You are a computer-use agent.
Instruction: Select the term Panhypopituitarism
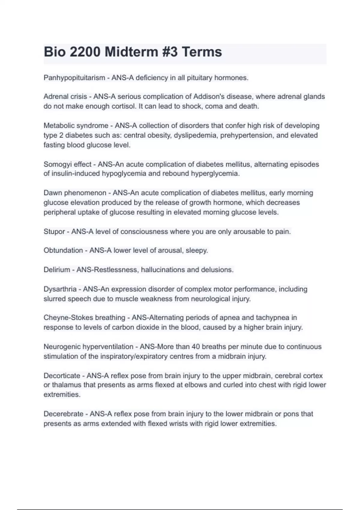point(74,78)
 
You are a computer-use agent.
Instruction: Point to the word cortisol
point(123,106)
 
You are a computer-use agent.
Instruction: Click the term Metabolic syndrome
point(76,125)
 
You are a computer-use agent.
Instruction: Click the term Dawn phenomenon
point(75,193)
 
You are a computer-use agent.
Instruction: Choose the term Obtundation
point(63,250)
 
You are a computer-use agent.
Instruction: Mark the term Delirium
point(57,270)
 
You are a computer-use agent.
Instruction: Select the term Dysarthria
point(60,289)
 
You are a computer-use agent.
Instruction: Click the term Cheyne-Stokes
point(69,318)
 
